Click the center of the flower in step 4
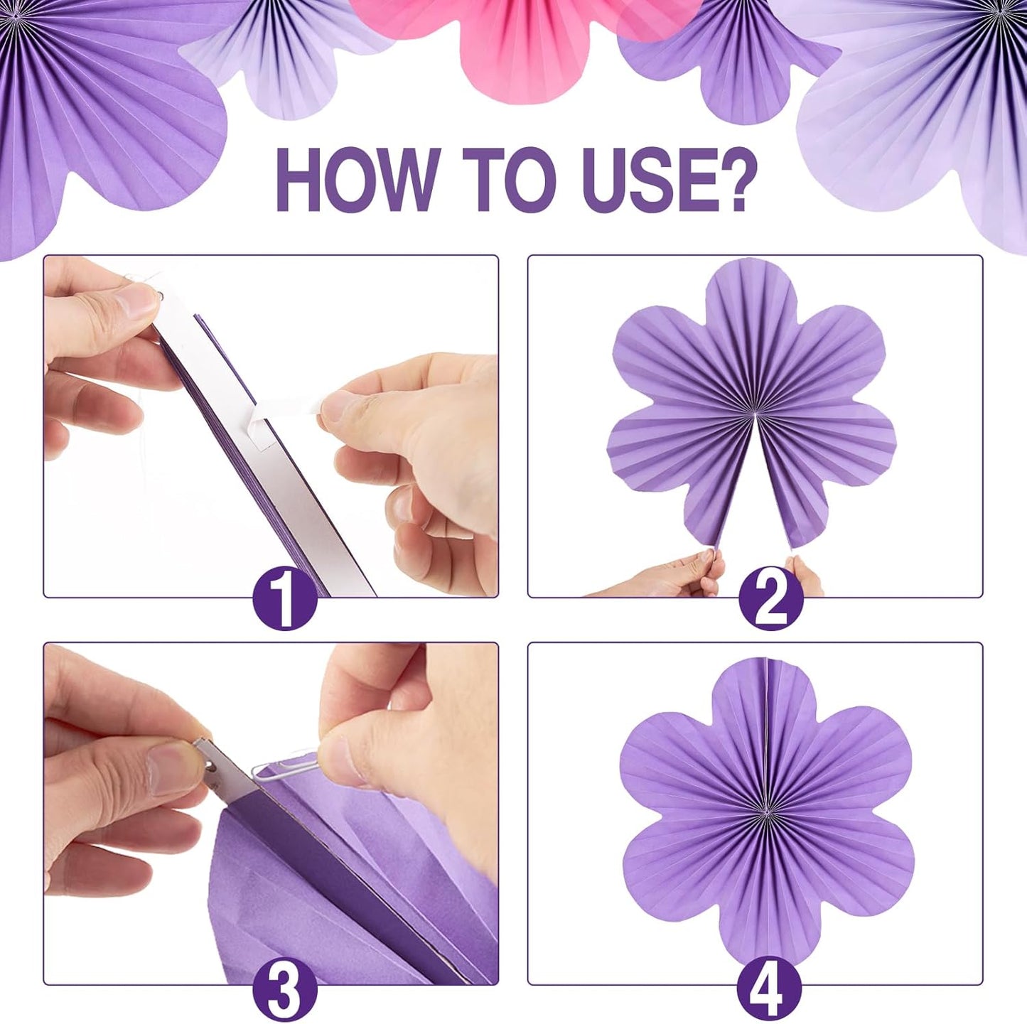point(766,811)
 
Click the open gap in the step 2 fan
point(755,497)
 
